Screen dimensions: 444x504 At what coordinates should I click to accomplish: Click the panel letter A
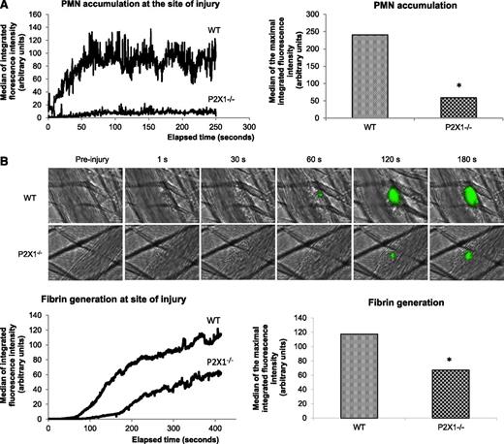[6, 7]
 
